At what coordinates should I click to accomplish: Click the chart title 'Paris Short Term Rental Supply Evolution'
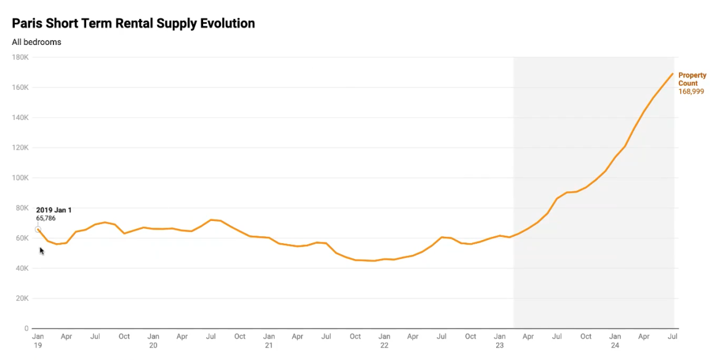(x=133, y=23)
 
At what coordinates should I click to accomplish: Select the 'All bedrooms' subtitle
(x=36, y=42)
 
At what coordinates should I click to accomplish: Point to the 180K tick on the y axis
(x=21, y=57)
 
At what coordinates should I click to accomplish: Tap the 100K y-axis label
(x=21, y=178)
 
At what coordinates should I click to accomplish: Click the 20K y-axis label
(x=22, y=298)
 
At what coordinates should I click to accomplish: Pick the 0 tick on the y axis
(x=26, y=329)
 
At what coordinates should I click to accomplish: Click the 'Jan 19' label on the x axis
(x=38, y=341)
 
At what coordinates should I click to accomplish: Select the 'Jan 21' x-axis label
(x=269, y=341)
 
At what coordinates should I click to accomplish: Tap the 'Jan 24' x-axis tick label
(x=615, y=341)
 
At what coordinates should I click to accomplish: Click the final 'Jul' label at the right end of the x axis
(x=673, y=337)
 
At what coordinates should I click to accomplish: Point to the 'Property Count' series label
(x=692, y=79)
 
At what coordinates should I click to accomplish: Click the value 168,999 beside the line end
(x=691, y=92)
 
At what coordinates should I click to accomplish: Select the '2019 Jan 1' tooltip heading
(x=54, y=210)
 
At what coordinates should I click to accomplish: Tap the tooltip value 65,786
(x=46, y=218)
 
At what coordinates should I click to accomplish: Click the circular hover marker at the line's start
(x=38, y=230)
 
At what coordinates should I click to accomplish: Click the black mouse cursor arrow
(x=42, y=251)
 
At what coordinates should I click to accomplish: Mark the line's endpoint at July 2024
(x=673, y=73)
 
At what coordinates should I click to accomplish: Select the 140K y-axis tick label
(x=21, y=118)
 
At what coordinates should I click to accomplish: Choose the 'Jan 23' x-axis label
(x=500, y=341)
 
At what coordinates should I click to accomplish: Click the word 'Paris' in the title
(x=27, y=23)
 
